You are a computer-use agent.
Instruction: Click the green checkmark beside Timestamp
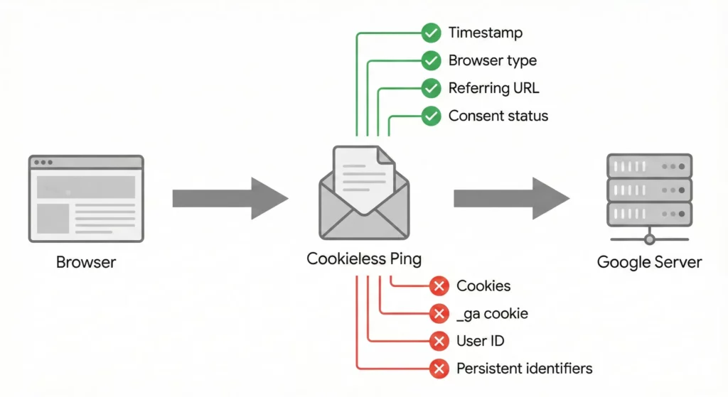(431, 33)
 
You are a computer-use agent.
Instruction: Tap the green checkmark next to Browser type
(431, 60)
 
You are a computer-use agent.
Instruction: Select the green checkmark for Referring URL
(431, 88)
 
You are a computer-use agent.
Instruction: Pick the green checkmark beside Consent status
(431, 116)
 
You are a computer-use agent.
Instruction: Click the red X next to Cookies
(440, 286)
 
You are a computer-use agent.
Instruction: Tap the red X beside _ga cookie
(440, 313)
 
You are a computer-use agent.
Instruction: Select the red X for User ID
(440, 341)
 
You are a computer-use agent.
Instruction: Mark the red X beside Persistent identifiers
(440, 369)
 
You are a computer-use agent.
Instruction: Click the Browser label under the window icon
(85, 263)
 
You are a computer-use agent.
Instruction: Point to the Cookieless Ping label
(364, 259)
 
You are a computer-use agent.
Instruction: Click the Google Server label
(649, 262)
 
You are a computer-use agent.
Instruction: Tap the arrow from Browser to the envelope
(230, 197)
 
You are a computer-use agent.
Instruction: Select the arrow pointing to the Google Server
(511, 197)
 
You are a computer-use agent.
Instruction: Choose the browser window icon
(85, 198)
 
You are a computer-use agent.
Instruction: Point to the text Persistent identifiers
(524, 369)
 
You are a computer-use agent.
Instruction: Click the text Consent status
(498, 116)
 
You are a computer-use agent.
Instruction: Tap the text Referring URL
(493, 88)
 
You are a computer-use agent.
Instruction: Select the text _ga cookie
(492, 313)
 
